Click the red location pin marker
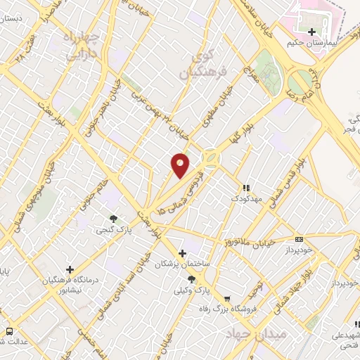[x=180, y=165]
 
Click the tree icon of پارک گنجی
[x=112, y=218]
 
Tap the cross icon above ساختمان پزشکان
[x=182, y=253]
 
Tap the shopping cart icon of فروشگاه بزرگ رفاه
[x=226, y=298]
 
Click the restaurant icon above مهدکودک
[x=246, y=188]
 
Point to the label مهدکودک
[x=246, y=199]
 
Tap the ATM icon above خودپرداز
[x=300, y=240]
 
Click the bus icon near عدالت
[x=10, y=331]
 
